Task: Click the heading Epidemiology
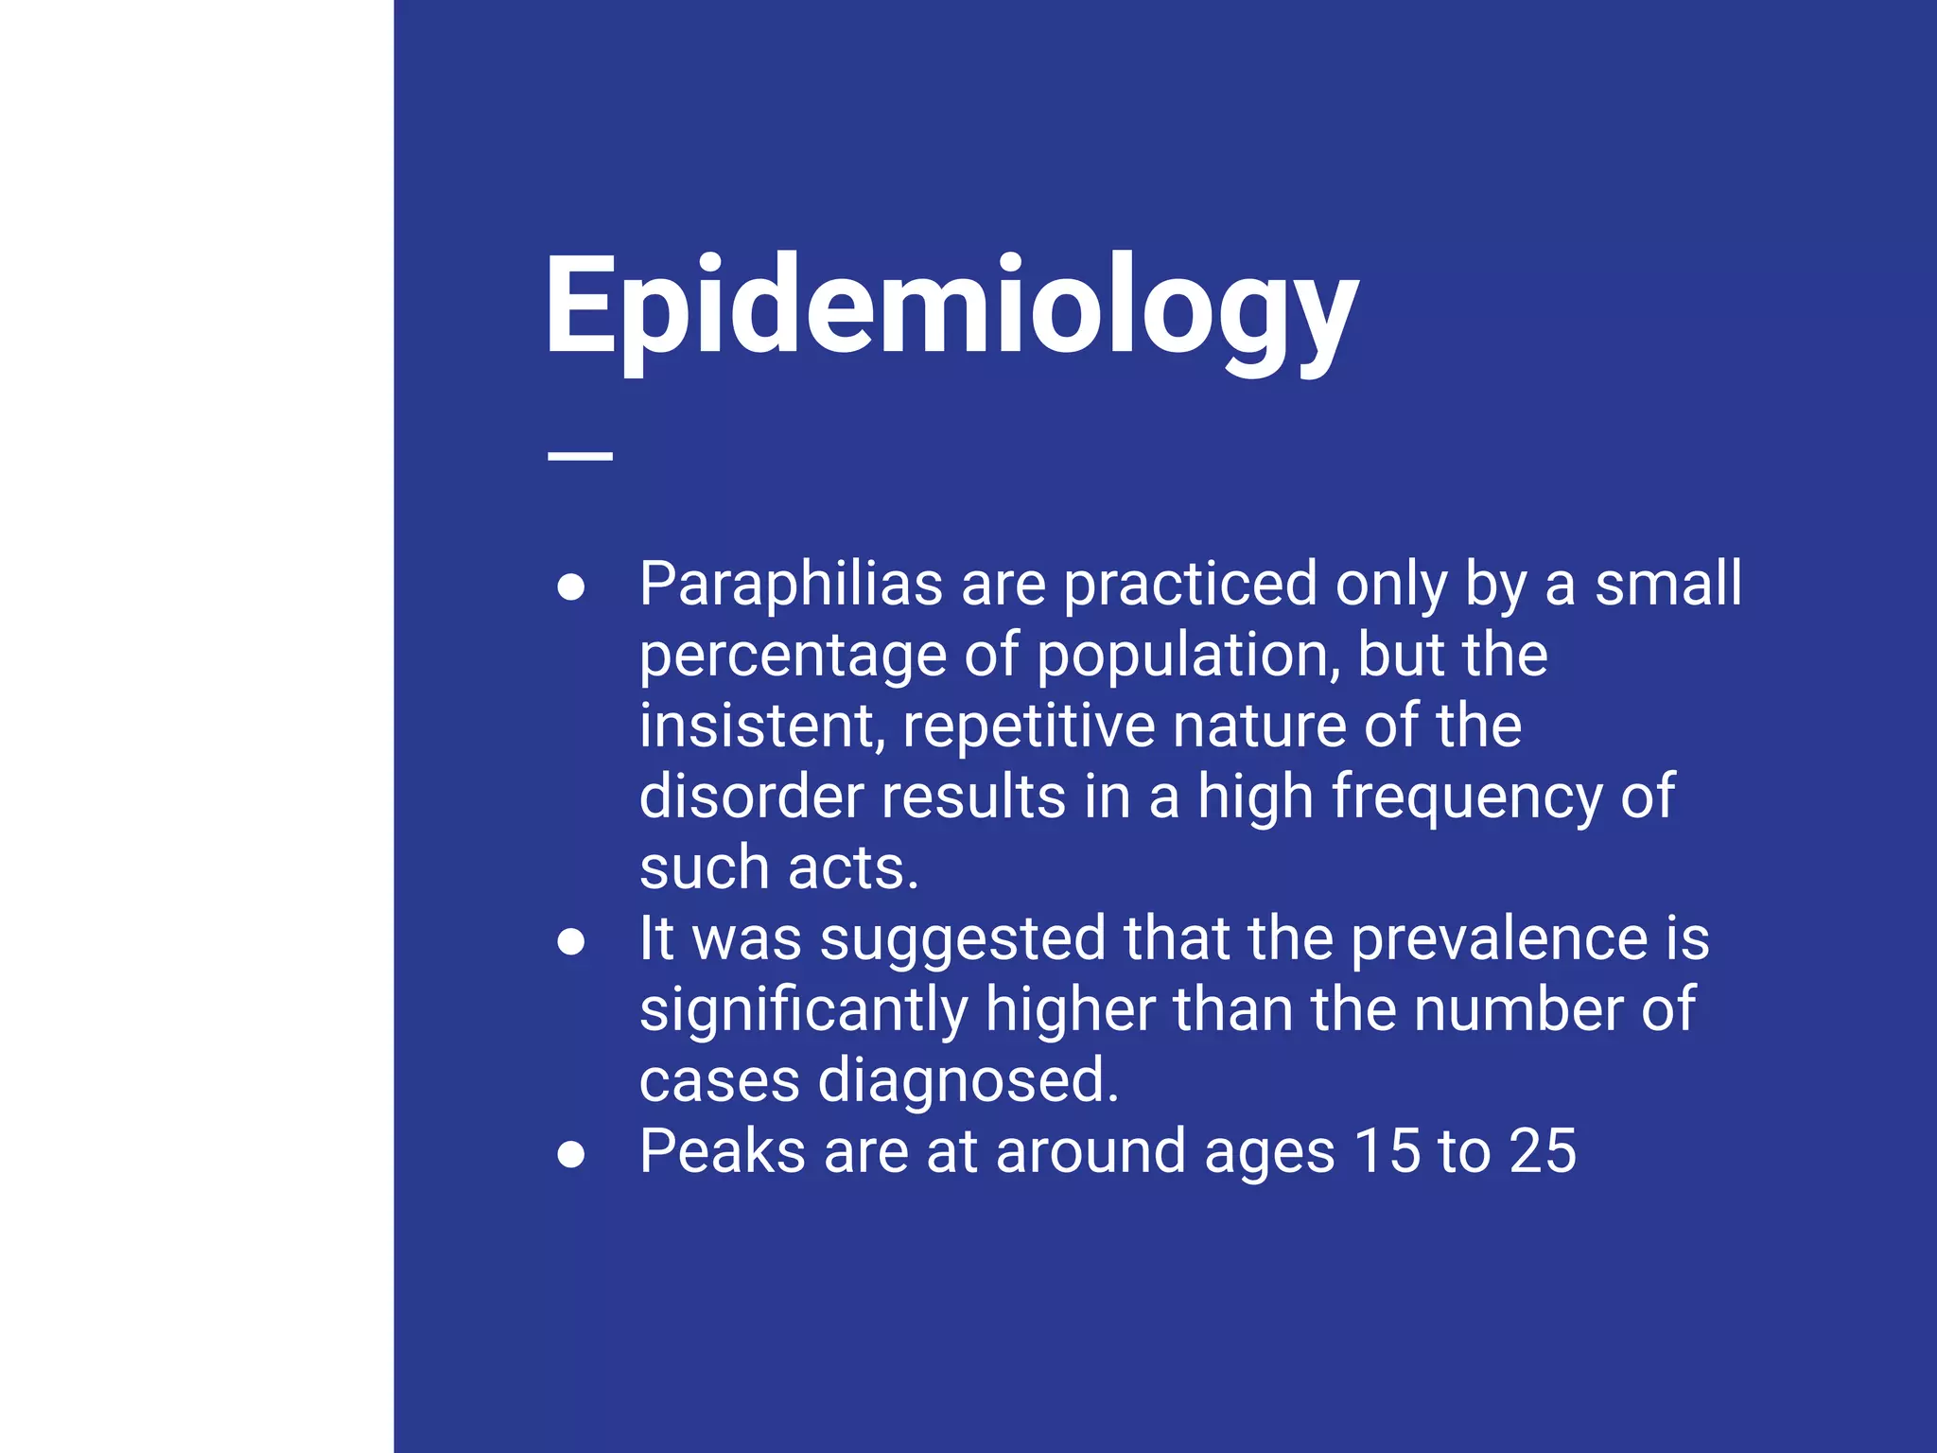[x=951, y=307]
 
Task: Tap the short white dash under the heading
[x=580, y=456]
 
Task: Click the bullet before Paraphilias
[x=570, y=587]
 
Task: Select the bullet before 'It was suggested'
[x=570, y=941]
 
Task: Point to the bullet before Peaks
[x=570, y=1154]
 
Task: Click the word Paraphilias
[x=791, y=584]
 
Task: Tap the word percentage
[x=793, y=657]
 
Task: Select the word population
[x=1188, y=657]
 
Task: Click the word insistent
[x=761, y=726]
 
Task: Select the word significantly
[x=803, y=1011]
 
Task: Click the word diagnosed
[x=968, y=1082]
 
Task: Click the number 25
[x=1543, y=1151]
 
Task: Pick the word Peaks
[x=723, y=1151]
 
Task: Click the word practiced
[x=1191, y=586]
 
